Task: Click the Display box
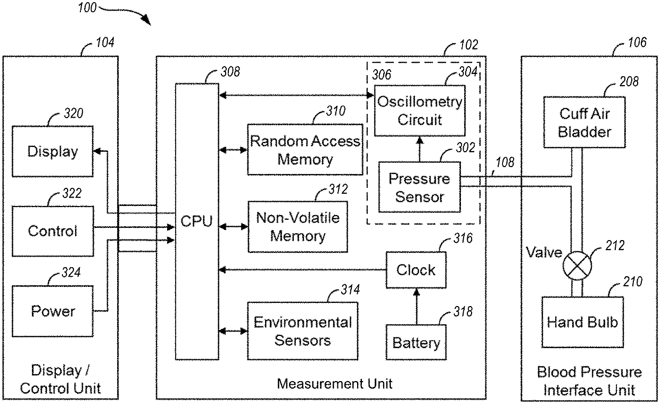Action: pyautogui.click(x=53, y=151)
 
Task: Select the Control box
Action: pyautogui.click(x=53, y=230)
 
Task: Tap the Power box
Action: pyautogui.click(x=53, y=310)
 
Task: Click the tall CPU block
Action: pyautogui.click(x=197, y=221)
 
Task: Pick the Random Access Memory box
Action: pyautogui.click(x=305, y=150)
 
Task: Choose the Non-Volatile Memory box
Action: pyautogui.click(x=298, y=227)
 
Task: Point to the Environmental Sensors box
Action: pyautogui.click(x=302, y=331)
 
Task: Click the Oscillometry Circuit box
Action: pyautogui.click(x=419, y=111)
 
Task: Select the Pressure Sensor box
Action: pyautogui.click(x=419, y=187)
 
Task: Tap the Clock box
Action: pyautogui.click(x=416, y=270)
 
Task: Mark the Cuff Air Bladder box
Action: pyautogui.click(x=584, y=122)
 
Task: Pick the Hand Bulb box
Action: pyautogui.click(x=582, y=321)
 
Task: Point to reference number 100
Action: pyautogui.click(x=87, y=8)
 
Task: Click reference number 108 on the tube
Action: pyautogui.click(x=505, y=162)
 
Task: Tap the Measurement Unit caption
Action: pyautogui.click(x=335, y=383)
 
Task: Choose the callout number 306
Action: pyautogui.click(x=381, y=75)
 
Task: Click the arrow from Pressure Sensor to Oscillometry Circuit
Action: pyautogui.click(x=419, y=149)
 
